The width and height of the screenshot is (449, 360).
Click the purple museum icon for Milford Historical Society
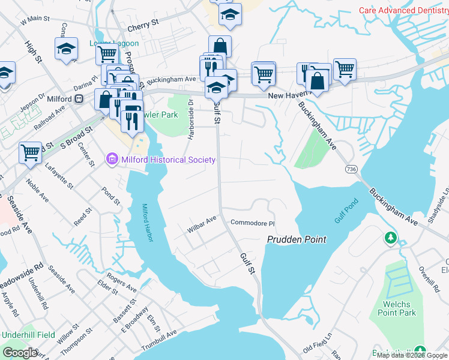[x=112, y=159]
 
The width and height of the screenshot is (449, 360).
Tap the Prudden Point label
[x=297, y=239]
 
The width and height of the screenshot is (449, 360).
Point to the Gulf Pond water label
[x=346, y=211]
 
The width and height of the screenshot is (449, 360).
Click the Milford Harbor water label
[x=148, y=223]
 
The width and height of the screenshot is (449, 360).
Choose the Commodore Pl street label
[x=252, y=223]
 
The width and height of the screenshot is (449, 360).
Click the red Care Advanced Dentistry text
[x=403, y=10]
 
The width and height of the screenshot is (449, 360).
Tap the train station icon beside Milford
[x=79, y=100]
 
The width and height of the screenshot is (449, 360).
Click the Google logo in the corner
[x=20, y=353]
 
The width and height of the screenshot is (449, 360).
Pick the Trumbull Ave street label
[x=159, y=341]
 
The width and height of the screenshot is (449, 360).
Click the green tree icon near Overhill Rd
[x=391, y=238]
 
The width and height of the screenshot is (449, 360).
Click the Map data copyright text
[x=412, y=355]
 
